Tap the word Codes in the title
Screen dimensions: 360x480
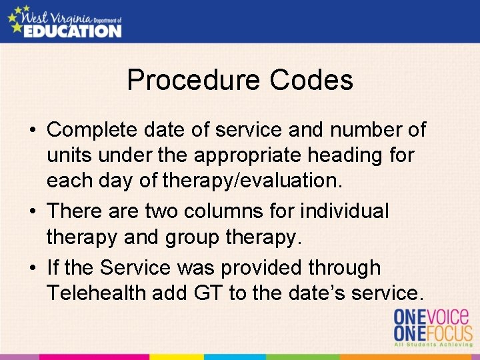(x=311, y=81)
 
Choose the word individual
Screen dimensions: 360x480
(x=344, y=211)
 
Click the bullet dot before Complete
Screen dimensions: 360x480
(x=33, y=130)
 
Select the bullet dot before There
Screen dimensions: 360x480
(x=33, y=212)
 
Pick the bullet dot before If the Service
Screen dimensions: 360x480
(x=33, y=268)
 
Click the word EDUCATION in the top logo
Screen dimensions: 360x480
(x=73, y=30)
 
